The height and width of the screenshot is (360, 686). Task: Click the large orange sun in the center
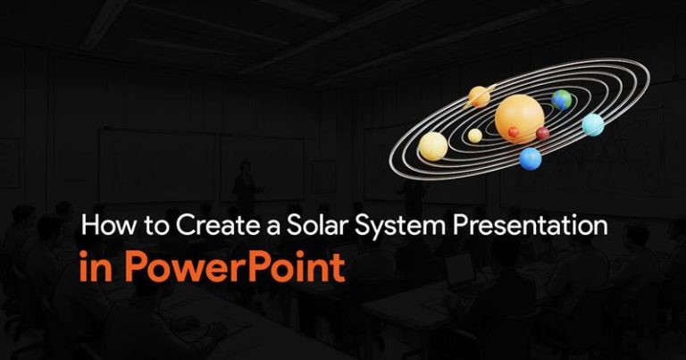pyautogui.click(x=519, y=119)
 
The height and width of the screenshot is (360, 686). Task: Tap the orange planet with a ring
pyautogui.click(x=479, y=96)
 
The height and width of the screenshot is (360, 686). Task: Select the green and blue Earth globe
pyautogui.click(x=561, y=100)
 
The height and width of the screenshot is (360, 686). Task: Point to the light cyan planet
pyautogui.click(x=593, y=125)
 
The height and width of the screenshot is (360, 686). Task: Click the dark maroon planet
pyautogui.click(x=542, y=133)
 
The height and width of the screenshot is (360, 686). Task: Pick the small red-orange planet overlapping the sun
pyautogui.click(x=514, y=132)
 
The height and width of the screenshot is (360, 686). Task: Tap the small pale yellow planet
pyautogui.click(x=474, y=136)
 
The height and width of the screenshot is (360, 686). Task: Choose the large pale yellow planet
pyautogui.click(x=432, y=147)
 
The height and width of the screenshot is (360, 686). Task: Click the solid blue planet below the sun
pyautogui.click(x=531, y=159)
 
